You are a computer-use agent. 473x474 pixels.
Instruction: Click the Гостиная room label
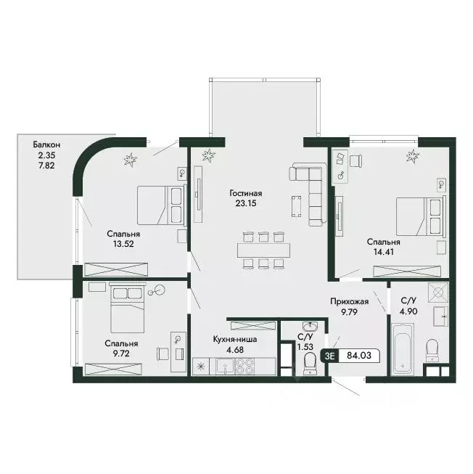point(245,193)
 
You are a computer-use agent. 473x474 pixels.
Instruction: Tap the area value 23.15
point(246,203)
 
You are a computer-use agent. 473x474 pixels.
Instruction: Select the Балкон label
point(46,144)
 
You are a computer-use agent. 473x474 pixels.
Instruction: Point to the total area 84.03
point(359,355)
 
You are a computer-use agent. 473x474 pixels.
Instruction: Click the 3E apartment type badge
point(330,356)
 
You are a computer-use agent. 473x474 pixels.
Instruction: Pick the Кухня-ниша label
point(235,340)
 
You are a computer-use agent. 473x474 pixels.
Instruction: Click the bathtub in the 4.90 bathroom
point(402,349)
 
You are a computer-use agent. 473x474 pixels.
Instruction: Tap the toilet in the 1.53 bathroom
point(310,363)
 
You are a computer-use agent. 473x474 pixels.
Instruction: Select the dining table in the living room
point(263,250)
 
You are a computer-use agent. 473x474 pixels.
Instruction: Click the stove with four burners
point(244,366)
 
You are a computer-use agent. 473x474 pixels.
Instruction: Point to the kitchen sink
point(225,366)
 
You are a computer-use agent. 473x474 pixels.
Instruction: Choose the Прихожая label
point(349,301)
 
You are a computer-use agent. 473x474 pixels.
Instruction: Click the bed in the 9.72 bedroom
point(127,308)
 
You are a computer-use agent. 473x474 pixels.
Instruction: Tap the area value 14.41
point(384,252)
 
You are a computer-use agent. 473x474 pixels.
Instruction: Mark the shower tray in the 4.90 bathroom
point(438,293)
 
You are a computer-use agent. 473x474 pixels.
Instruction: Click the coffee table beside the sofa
point(296,206)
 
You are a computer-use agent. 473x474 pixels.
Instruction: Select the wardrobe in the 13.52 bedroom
point(116,269)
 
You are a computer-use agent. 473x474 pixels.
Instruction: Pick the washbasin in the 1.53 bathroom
point(310,327)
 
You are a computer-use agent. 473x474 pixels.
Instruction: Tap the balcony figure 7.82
point(46,166)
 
